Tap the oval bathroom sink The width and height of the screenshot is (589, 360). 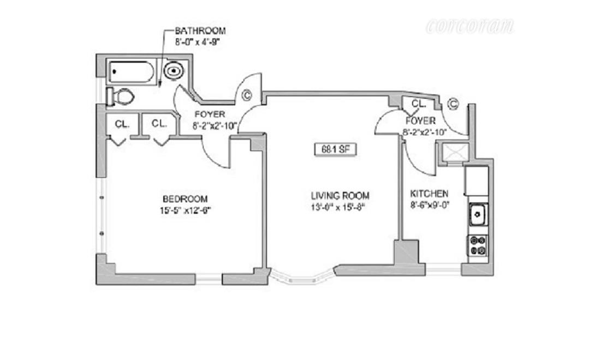[x=174, y=71]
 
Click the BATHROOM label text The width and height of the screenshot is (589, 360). [x=200, y=31]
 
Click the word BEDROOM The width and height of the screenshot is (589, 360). [x=185, y=199]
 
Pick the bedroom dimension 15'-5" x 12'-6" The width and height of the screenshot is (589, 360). [x=186, y=210]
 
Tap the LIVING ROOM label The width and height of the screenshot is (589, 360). [x=340, y=195]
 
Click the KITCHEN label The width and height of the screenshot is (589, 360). [x=429, y=194]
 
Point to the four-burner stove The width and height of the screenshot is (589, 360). [x=478, y=244]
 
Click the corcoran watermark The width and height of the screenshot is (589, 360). [x=469, y=26]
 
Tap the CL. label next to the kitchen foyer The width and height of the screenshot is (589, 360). [x=419, y=103]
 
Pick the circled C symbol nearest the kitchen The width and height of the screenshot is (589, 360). [x=453, y=103]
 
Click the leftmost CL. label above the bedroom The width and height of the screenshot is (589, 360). [x=122, y=124]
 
